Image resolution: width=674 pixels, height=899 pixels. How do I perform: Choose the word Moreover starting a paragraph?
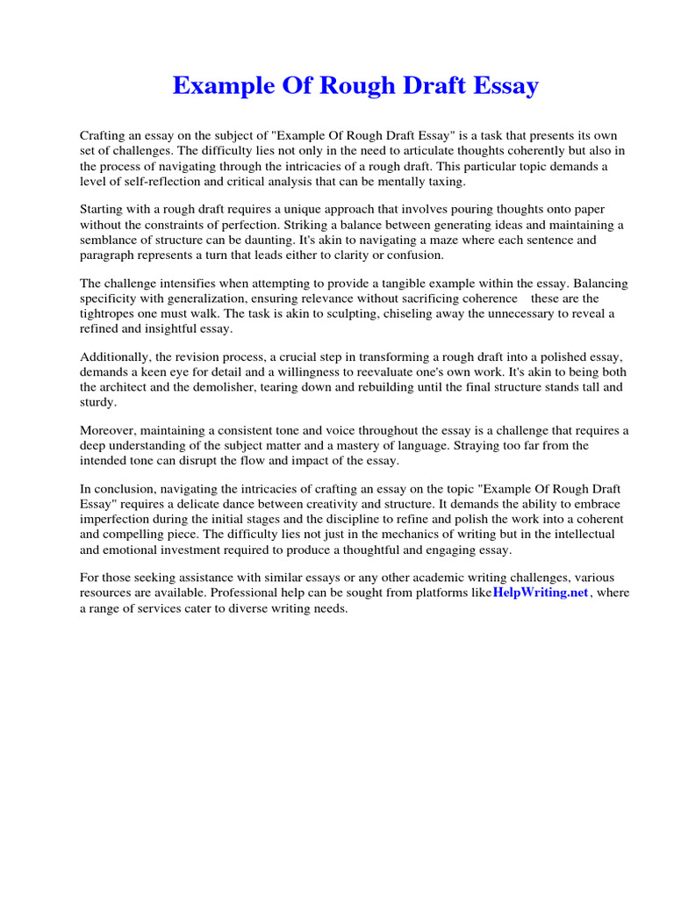click(x=110, y=431)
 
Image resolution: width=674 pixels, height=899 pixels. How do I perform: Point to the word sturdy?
click(x=97, y=402)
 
